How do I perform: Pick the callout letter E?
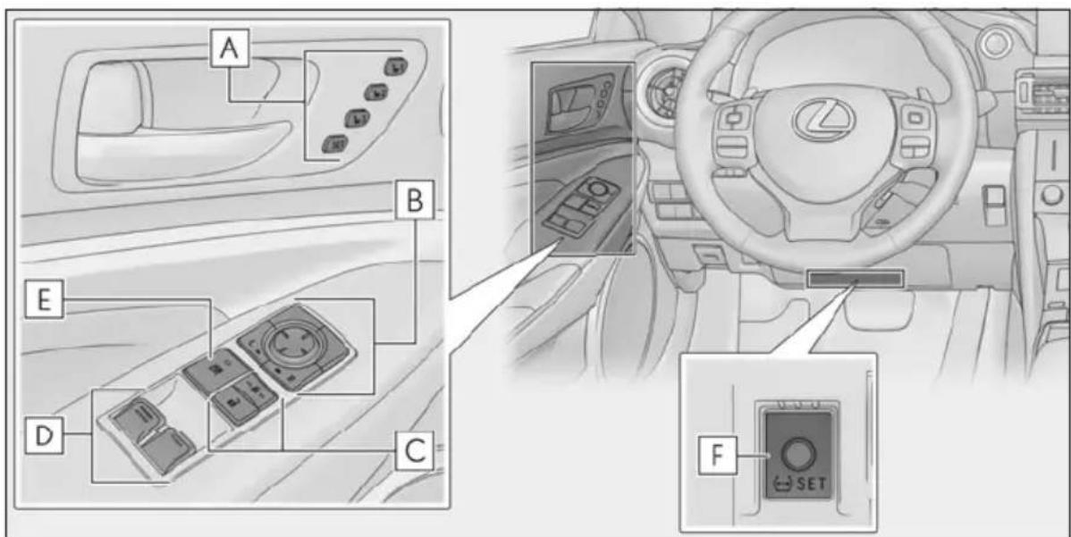(x=45, y=300)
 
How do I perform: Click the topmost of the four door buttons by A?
(x=394, y=67)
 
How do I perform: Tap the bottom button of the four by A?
(x=334, y=143)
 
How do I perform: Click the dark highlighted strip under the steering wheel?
(x=855, y=279)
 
